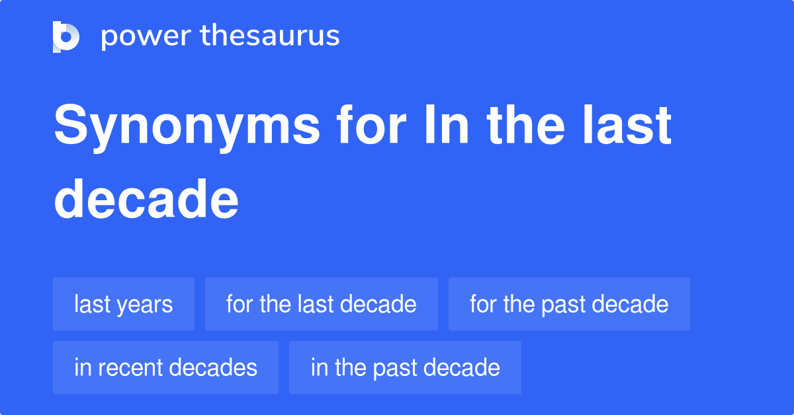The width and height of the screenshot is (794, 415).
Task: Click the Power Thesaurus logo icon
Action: click(x=66, y=36)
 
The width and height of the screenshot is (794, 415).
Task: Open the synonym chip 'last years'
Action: click(x=124, y=304)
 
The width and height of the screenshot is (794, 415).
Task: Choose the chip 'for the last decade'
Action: click(x=322, y=304)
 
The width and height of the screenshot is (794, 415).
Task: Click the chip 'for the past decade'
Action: click(x=569, y=304)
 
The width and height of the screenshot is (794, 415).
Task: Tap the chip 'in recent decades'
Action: click(x=165, y=367)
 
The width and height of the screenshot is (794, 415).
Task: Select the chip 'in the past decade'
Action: click(x=405, y=367)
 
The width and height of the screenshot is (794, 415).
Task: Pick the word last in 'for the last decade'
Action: click(x=316, y=305)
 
